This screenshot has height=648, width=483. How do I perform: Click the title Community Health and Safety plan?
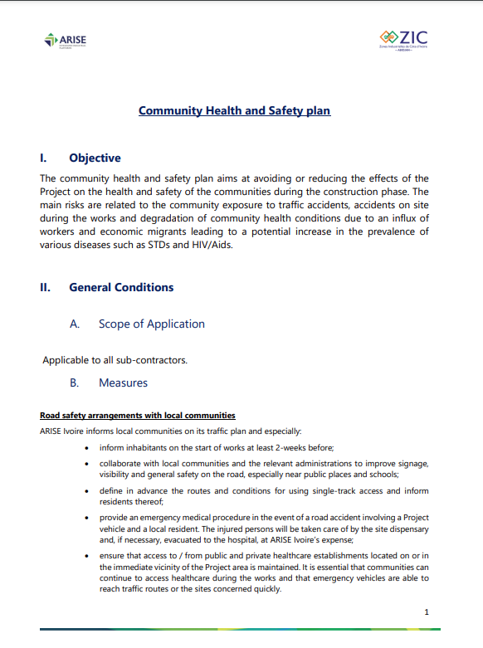click(234, 110)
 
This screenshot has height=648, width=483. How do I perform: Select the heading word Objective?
click(95, 158)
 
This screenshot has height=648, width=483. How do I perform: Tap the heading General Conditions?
click(121, 288)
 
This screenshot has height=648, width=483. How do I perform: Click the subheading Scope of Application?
click(151, 324)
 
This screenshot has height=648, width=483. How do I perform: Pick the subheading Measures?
click(123, 383)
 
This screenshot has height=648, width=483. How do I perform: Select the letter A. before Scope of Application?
click(75, 324)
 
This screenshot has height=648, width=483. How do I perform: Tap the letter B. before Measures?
click(75, 383)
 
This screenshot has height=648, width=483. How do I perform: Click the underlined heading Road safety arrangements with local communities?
click(138, 415)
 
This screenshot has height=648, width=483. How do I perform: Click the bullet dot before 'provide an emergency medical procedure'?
click(89, 518)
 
